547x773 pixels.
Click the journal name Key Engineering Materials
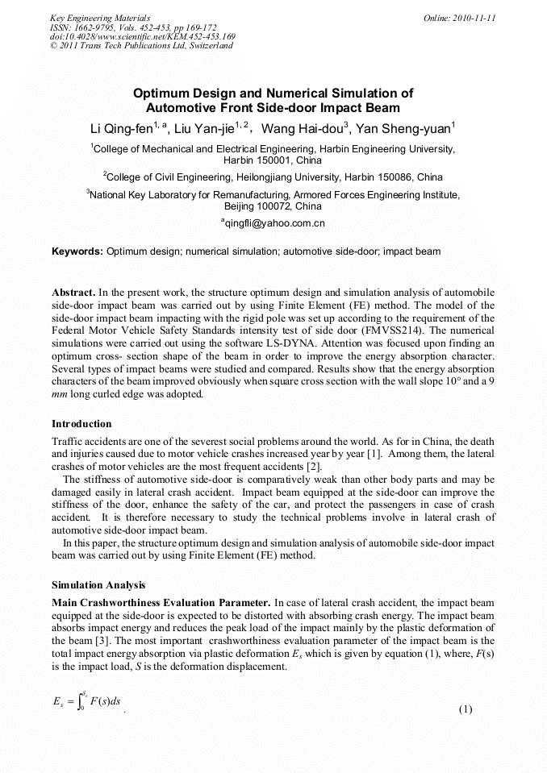pyautogui.click(x=100, y=17)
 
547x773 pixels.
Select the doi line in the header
pyautogui.click(x=142, y=36)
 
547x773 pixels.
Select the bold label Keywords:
pyautogui.click(x=77, y=251)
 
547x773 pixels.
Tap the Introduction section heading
pyautogui.click(x=81, y=424)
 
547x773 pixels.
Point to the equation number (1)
pyautogui.click(x=465, y=709)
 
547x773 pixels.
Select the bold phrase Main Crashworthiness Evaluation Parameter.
pyautogui.click(x=161, y=602)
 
